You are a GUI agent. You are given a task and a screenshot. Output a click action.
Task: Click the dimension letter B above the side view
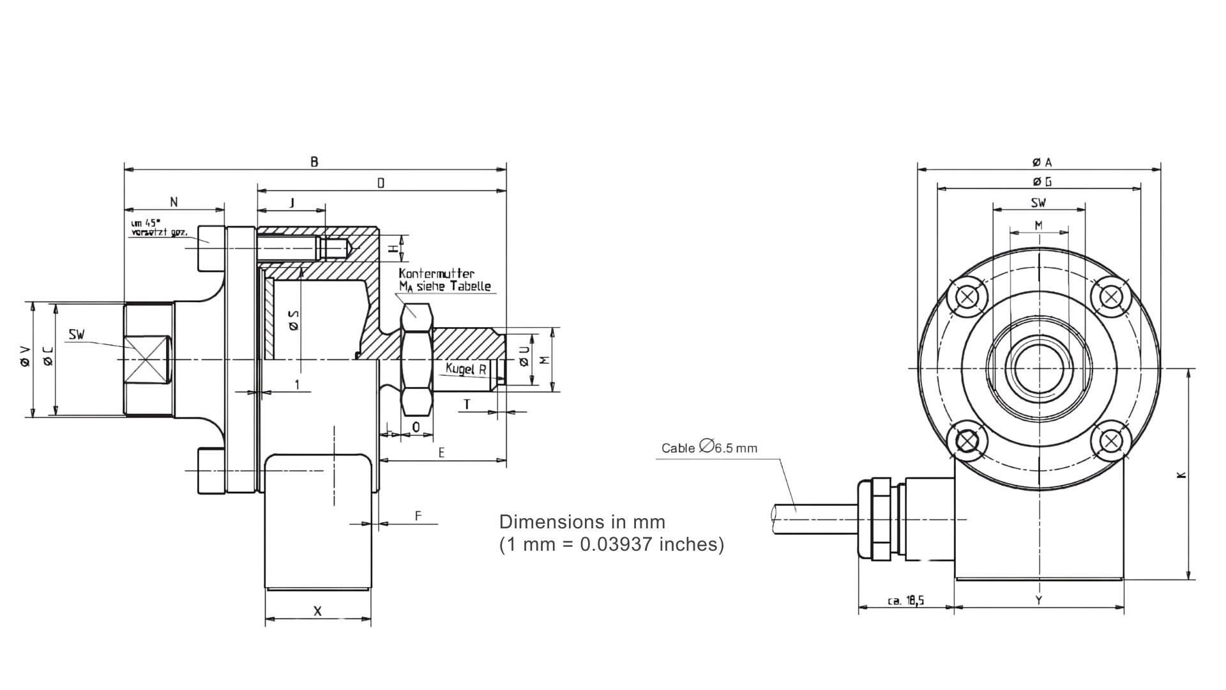coord(314,162)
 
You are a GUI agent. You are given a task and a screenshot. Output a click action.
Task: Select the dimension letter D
coord(381,183)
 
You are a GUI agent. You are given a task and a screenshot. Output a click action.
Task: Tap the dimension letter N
coord(174,203)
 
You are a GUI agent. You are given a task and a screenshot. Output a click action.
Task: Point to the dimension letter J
coord(292,203)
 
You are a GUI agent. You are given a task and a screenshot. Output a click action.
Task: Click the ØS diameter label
coord(294,320)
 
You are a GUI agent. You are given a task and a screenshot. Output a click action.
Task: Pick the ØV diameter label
coord(25,357)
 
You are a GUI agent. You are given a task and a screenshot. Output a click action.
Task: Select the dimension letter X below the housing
coord(317,611)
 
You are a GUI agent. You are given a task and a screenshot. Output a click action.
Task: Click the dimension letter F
coord(419,516)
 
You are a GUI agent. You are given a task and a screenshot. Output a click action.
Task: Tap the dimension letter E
coord(442,452)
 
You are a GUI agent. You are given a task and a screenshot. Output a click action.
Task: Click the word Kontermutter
coord(437,274)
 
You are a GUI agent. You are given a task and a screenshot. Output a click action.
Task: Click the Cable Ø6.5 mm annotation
coord(709,448)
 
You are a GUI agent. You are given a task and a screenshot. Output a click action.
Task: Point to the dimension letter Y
coord(1039,600)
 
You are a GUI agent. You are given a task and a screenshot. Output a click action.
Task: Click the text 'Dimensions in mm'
coord(582,522)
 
